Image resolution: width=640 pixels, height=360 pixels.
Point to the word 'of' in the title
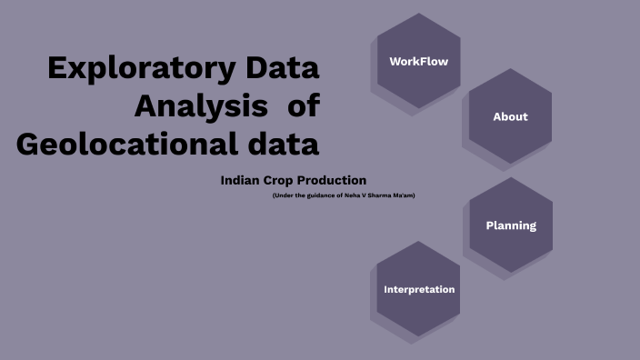304,106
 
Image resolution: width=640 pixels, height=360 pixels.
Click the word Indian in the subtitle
241,180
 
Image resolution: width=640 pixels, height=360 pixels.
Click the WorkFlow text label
418,62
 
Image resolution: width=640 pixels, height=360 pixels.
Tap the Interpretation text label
419,289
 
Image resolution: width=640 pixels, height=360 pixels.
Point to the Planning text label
511,225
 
